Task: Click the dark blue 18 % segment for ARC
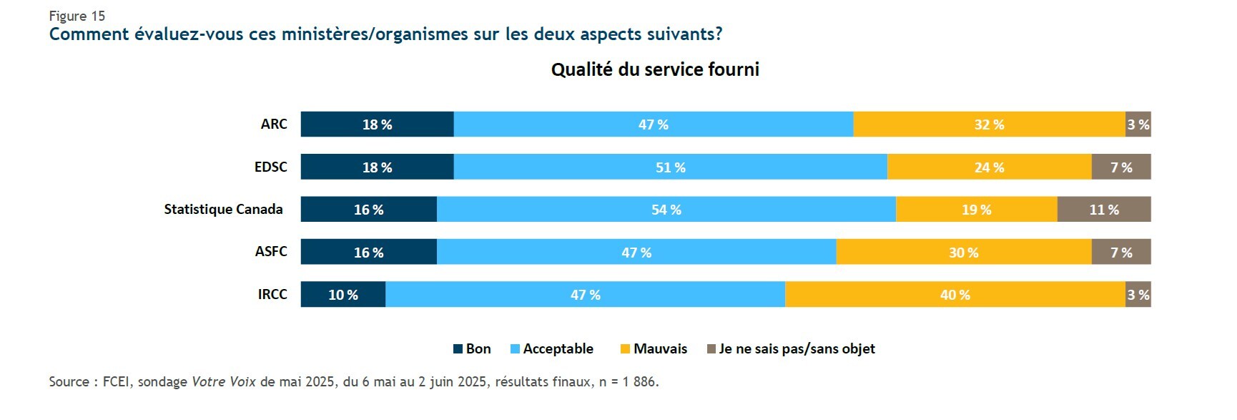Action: point(377,124)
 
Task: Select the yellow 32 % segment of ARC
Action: point(989,124)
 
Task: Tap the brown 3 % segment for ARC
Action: point(1138,124)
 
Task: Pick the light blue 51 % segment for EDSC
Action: point(670,167)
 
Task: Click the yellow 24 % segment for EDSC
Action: point(989,167)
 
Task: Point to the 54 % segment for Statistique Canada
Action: point(666,210)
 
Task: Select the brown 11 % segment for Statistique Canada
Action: point(1103,210)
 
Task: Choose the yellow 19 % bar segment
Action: point(976,210)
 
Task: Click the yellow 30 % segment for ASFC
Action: point(963,252)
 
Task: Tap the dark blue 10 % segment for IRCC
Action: point(342,295)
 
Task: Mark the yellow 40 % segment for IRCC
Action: point(955,295)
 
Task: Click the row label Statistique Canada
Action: point(223,209)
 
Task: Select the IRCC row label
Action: point(272,294)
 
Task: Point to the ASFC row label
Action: point(271,251)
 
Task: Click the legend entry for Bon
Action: point(473,348)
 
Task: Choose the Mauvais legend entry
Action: point(654,348)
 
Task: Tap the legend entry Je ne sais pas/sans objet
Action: point(791,348)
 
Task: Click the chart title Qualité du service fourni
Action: point(654,69)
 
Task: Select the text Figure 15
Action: point(77,16)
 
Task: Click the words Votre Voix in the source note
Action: point(223,381)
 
